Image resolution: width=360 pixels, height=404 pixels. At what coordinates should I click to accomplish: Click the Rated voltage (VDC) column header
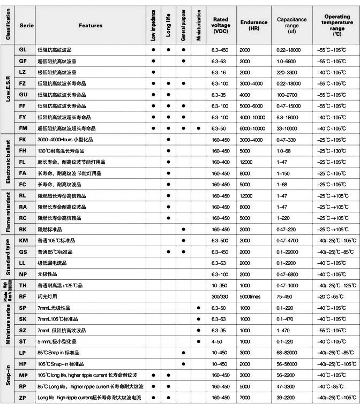[221, 25]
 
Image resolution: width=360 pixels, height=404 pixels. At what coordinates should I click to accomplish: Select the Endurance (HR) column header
[254, 25]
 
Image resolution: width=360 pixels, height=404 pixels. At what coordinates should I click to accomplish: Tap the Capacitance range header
[291, 25]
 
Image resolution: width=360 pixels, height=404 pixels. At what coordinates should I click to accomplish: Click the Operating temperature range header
[337, 25]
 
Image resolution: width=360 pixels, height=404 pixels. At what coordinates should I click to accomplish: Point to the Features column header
[91, 25]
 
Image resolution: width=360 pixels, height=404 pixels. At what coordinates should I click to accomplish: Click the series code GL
[22, 50]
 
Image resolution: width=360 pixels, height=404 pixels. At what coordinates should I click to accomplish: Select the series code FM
[22, 128]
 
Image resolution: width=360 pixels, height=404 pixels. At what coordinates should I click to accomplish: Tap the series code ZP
[22, 398]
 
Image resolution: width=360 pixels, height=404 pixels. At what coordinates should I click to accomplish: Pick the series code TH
[22, 286]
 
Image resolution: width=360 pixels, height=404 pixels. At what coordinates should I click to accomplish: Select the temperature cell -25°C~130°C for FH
[331, 151]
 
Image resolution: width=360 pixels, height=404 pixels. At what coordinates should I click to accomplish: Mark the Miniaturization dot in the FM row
[198, 128]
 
